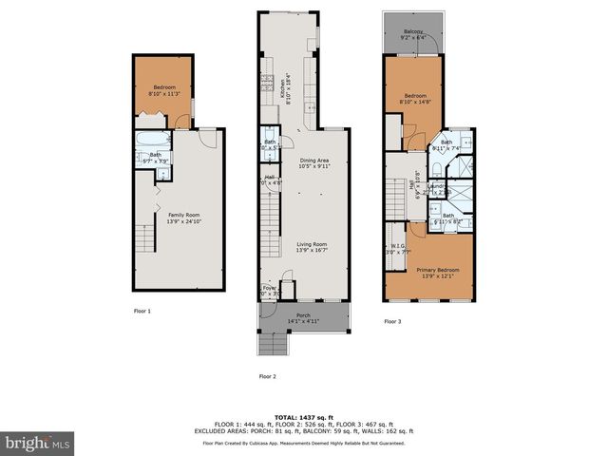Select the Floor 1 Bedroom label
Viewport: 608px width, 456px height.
(164, 90)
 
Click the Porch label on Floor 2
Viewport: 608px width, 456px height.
(303, 318)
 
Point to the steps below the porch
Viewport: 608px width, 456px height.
(273, 345)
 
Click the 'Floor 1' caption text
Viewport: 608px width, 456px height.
(142, 311)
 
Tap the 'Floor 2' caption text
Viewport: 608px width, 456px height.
(268, 376)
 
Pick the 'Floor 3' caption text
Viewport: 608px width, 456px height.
(392, 322)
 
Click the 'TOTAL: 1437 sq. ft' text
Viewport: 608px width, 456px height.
(303, 417)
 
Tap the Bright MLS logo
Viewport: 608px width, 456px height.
(36, 443)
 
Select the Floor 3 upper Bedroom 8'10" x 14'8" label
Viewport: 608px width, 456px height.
(416, 99)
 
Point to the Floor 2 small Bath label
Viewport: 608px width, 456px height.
(270, 144)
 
